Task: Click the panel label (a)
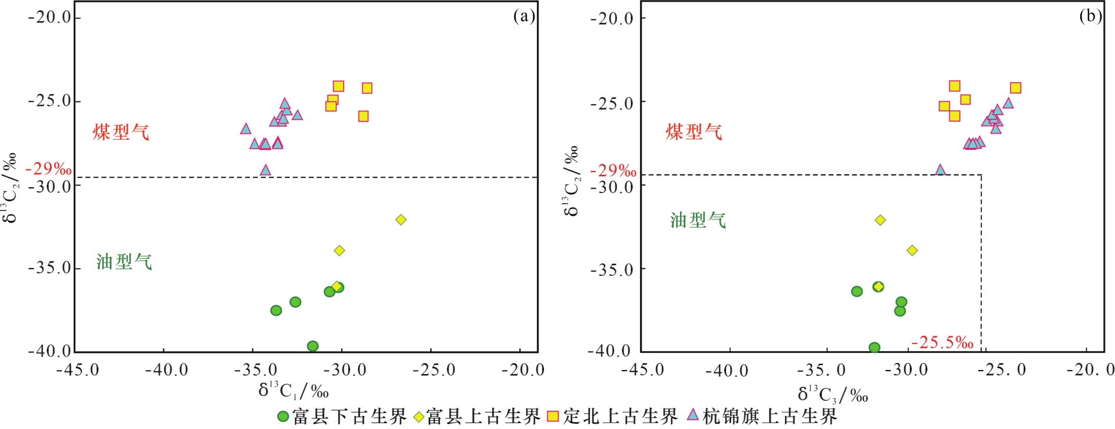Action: (524, 16)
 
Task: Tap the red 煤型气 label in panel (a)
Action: (121, 132)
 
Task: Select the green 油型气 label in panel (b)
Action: (698, 220)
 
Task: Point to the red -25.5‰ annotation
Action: (942, 342)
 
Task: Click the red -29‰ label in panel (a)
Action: (48, 170)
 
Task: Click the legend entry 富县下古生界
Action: (342, 417)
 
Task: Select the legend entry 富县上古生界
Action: (477, 417)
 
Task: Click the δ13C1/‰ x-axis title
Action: (293, 390)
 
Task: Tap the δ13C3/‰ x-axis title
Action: (833, 394)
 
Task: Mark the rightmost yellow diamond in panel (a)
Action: (401, 220)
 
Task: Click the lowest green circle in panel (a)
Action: (313, 346)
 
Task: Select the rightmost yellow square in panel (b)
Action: (1015, 88)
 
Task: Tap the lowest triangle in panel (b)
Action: (941, 170)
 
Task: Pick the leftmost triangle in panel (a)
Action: (246, 128)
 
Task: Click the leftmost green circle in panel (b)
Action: (857, 291)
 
